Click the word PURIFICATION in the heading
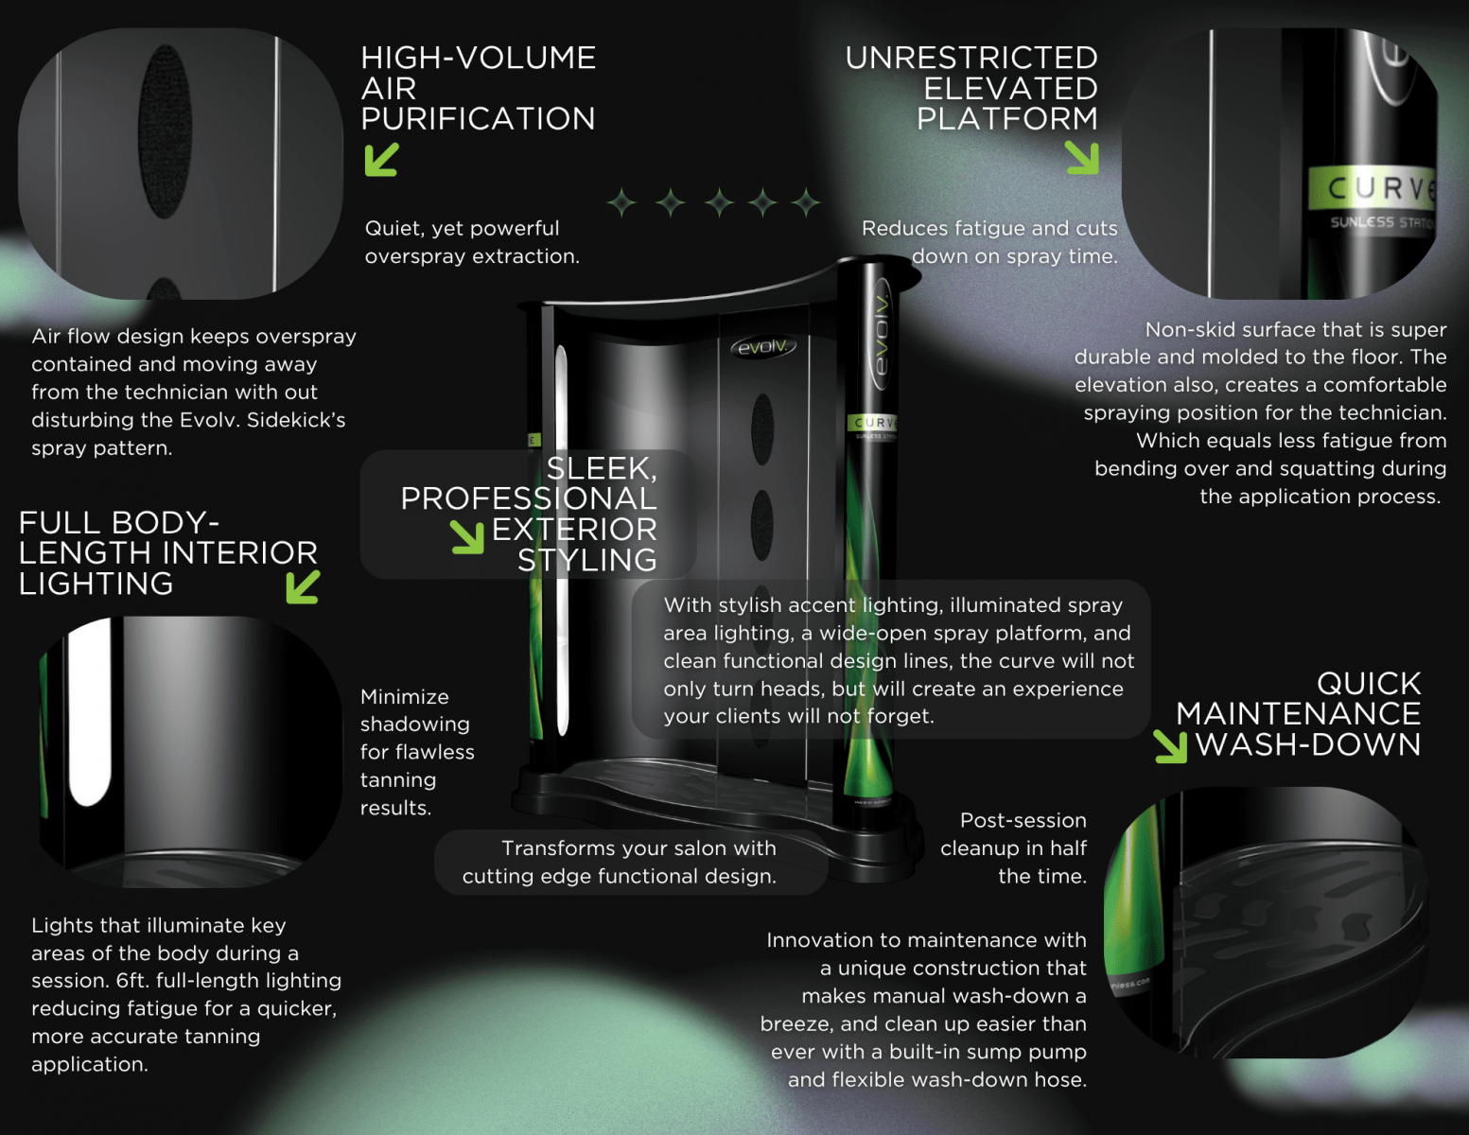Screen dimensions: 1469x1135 (x=478, y=118)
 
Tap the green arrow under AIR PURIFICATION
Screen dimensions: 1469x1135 (x=381, y=160)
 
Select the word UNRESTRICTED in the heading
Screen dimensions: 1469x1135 (x=971, y=58)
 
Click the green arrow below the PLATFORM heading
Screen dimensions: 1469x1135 (x=1081, y=158)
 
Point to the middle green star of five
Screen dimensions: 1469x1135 (x=719, y=202)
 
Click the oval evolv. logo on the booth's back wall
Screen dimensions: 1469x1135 (x=763, y=347)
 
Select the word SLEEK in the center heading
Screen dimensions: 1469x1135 (x=602, y=468)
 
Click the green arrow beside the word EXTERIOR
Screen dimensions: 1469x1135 (x=468, y=537)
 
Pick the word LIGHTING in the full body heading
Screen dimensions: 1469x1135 (x=96, y=584)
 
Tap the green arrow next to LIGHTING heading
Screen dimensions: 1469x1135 (x=303, y=586)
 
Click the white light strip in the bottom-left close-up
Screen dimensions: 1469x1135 (x=89, y=713)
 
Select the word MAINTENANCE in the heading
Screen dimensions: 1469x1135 (x=1298, y=714)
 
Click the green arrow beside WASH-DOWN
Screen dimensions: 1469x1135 (x=1171, y=746)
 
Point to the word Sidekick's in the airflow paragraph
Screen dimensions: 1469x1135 (x=296, y=420)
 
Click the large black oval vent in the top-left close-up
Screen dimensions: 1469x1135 (x=165, y=131)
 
